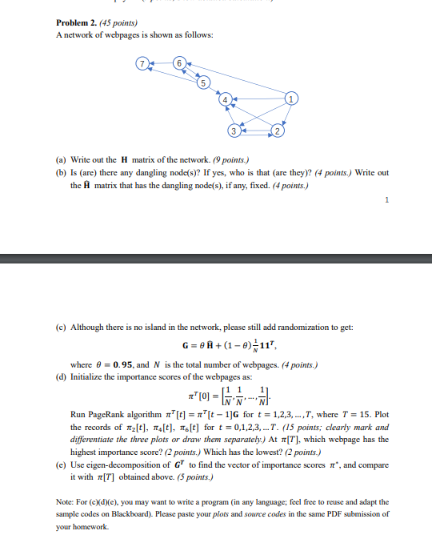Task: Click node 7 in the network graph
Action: (x=142, y=63)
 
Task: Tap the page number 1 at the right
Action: (x=386, y=202)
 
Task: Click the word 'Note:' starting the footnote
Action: (x=66, y=502)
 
